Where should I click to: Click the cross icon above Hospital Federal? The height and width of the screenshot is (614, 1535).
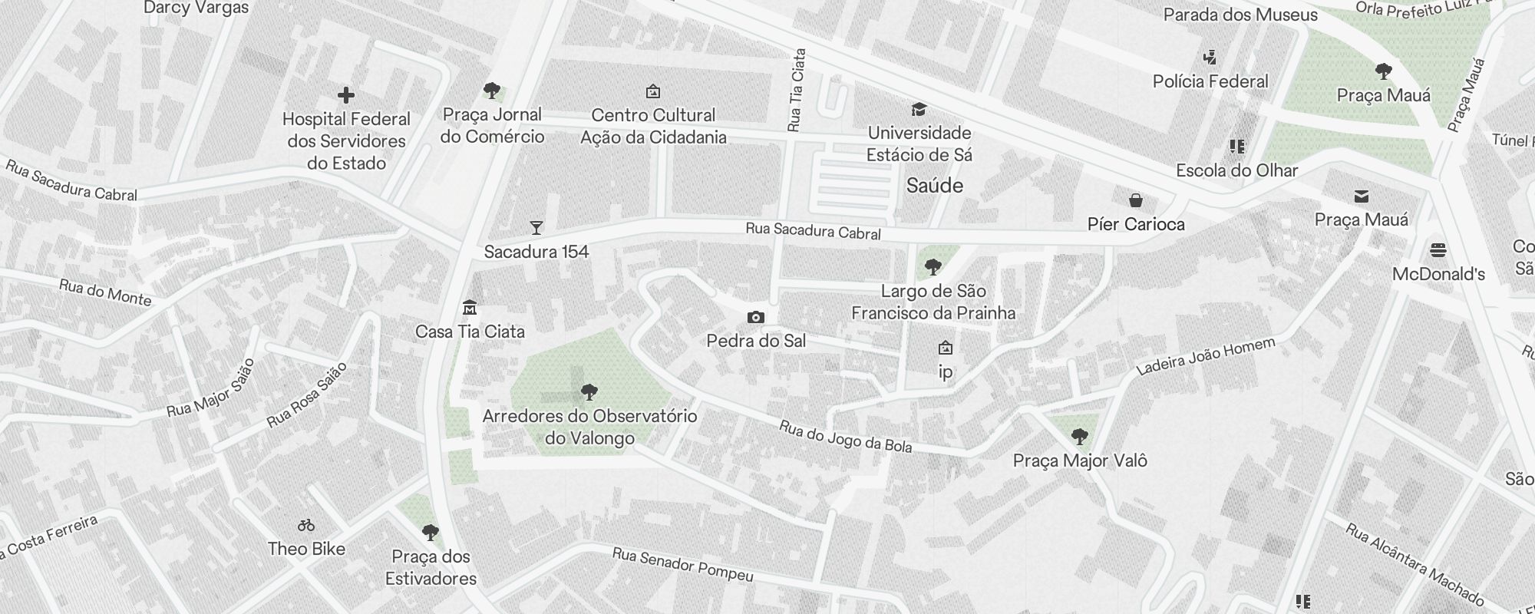click(x=346, y=95)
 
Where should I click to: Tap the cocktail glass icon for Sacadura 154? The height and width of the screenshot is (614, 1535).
click(x=536, y=227)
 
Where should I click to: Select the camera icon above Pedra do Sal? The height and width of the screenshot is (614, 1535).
click(x=756, y=317)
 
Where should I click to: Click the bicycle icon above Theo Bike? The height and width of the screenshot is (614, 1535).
click(x=306, y=525)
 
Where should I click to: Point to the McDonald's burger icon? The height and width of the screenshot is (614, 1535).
click(x=1438, y=250)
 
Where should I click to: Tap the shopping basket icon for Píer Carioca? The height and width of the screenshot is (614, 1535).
click(x=1136, y=200)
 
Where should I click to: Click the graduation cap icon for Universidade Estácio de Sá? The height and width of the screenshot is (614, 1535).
click(x=919, y=109)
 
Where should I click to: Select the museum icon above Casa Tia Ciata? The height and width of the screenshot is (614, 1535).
click(x=470, y=308)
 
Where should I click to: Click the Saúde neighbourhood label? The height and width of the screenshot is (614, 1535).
click(x=934, y=185)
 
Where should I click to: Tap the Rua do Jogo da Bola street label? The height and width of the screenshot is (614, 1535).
click(x=845, y=437)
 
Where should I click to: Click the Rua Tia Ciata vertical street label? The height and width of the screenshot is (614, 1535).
click(x=796, y=90)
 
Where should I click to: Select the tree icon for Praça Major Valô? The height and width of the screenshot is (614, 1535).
click(x=1080, y=437)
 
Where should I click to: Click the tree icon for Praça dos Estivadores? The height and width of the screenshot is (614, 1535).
click(x=431, y=532)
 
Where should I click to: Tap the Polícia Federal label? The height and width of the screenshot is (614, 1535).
click(x=1210, y=81)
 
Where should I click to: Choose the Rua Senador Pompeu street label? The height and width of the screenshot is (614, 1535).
click(x=682, y=565)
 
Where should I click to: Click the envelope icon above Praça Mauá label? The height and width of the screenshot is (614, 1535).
click(x=1362, y=196)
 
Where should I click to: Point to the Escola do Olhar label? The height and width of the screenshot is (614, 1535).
click(x=1236, y=170)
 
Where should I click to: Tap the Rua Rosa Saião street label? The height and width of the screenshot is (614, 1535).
click(x=306, y=394)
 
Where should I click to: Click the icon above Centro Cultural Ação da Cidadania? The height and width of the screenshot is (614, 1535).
click(x=653, y=91)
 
